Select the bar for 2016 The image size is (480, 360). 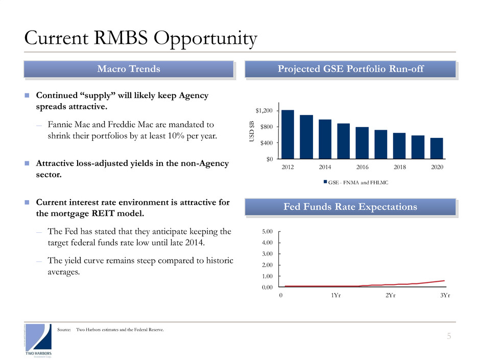362,142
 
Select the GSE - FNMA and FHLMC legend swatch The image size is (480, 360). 324,181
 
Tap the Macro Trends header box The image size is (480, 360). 129,69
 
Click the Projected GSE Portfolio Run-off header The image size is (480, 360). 350,69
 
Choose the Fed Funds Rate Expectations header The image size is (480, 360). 350,207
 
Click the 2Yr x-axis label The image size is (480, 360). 390,296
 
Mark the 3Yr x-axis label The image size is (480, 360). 445,296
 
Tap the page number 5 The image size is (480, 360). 449,335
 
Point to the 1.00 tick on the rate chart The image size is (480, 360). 267,276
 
